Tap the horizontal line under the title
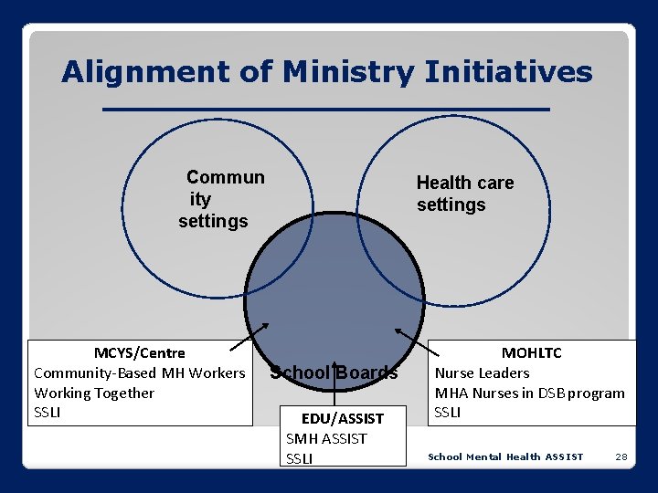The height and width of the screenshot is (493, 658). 326,110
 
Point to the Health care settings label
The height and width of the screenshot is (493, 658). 464,194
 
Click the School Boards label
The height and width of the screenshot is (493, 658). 334,372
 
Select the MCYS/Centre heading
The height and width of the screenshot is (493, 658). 139,353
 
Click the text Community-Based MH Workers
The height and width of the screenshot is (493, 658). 139,373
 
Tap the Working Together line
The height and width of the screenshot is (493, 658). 94,393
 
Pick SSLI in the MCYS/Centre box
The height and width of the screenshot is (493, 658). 48,413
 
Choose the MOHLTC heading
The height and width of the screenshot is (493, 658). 531,353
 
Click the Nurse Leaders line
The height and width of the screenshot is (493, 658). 482,373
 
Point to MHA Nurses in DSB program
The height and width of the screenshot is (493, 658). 529,393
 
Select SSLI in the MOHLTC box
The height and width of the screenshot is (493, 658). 448,413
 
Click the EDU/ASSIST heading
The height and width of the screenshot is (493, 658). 342,419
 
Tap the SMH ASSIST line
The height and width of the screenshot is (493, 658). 326,439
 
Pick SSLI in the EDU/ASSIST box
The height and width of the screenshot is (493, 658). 299,458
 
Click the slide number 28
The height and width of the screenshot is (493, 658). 621,456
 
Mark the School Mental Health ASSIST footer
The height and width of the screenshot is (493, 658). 505,456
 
